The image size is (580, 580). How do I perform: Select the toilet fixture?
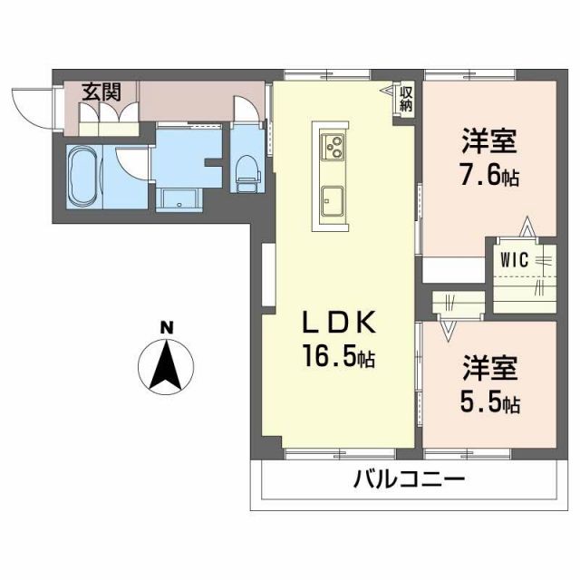(x=245, y=171)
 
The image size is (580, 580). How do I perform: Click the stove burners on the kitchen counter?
(x=332, y=144)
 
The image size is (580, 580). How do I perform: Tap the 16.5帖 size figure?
(x=338, y=359)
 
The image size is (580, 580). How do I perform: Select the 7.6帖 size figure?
(x=489, y=175)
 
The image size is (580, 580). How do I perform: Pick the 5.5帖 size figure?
(x=489, y=401)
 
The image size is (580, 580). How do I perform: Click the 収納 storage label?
(x=407, y=98)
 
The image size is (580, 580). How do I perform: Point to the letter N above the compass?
(x=166, y=327)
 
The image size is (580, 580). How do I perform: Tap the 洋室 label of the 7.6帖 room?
(x=489, y=141)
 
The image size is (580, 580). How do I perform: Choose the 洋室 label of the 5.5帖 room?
(x=490, y=368)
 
